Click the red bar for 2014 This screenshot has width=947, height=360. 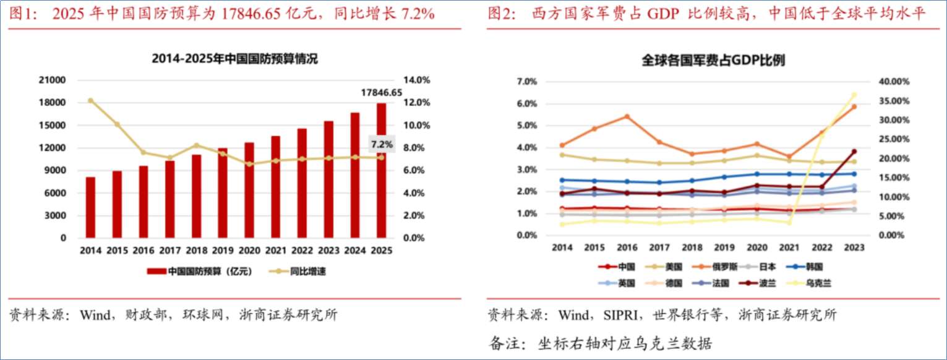tap(90, 207)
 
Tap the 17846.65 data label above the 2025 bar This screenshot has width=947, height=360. tap(381, 92)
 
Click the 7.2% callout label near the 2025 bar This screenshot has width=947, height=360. tap(382, 145)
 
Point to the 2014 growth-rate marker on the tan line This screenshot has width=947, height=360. tap(90, 100)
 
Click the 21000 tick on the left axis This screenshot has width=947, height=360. tap(54, 80)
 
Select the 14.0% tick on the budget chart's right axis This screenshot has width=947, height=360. tap(416, 80)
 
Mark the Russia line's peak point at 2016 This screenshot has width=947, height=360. tap(627, 116)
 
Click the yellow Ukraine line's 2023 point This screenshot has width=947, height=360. tap(854, 95)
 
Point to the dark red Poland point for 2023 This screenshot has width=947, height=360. tap(854, 152)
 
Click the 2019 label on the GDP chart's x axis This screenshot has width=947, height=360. tap(724, 248)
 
